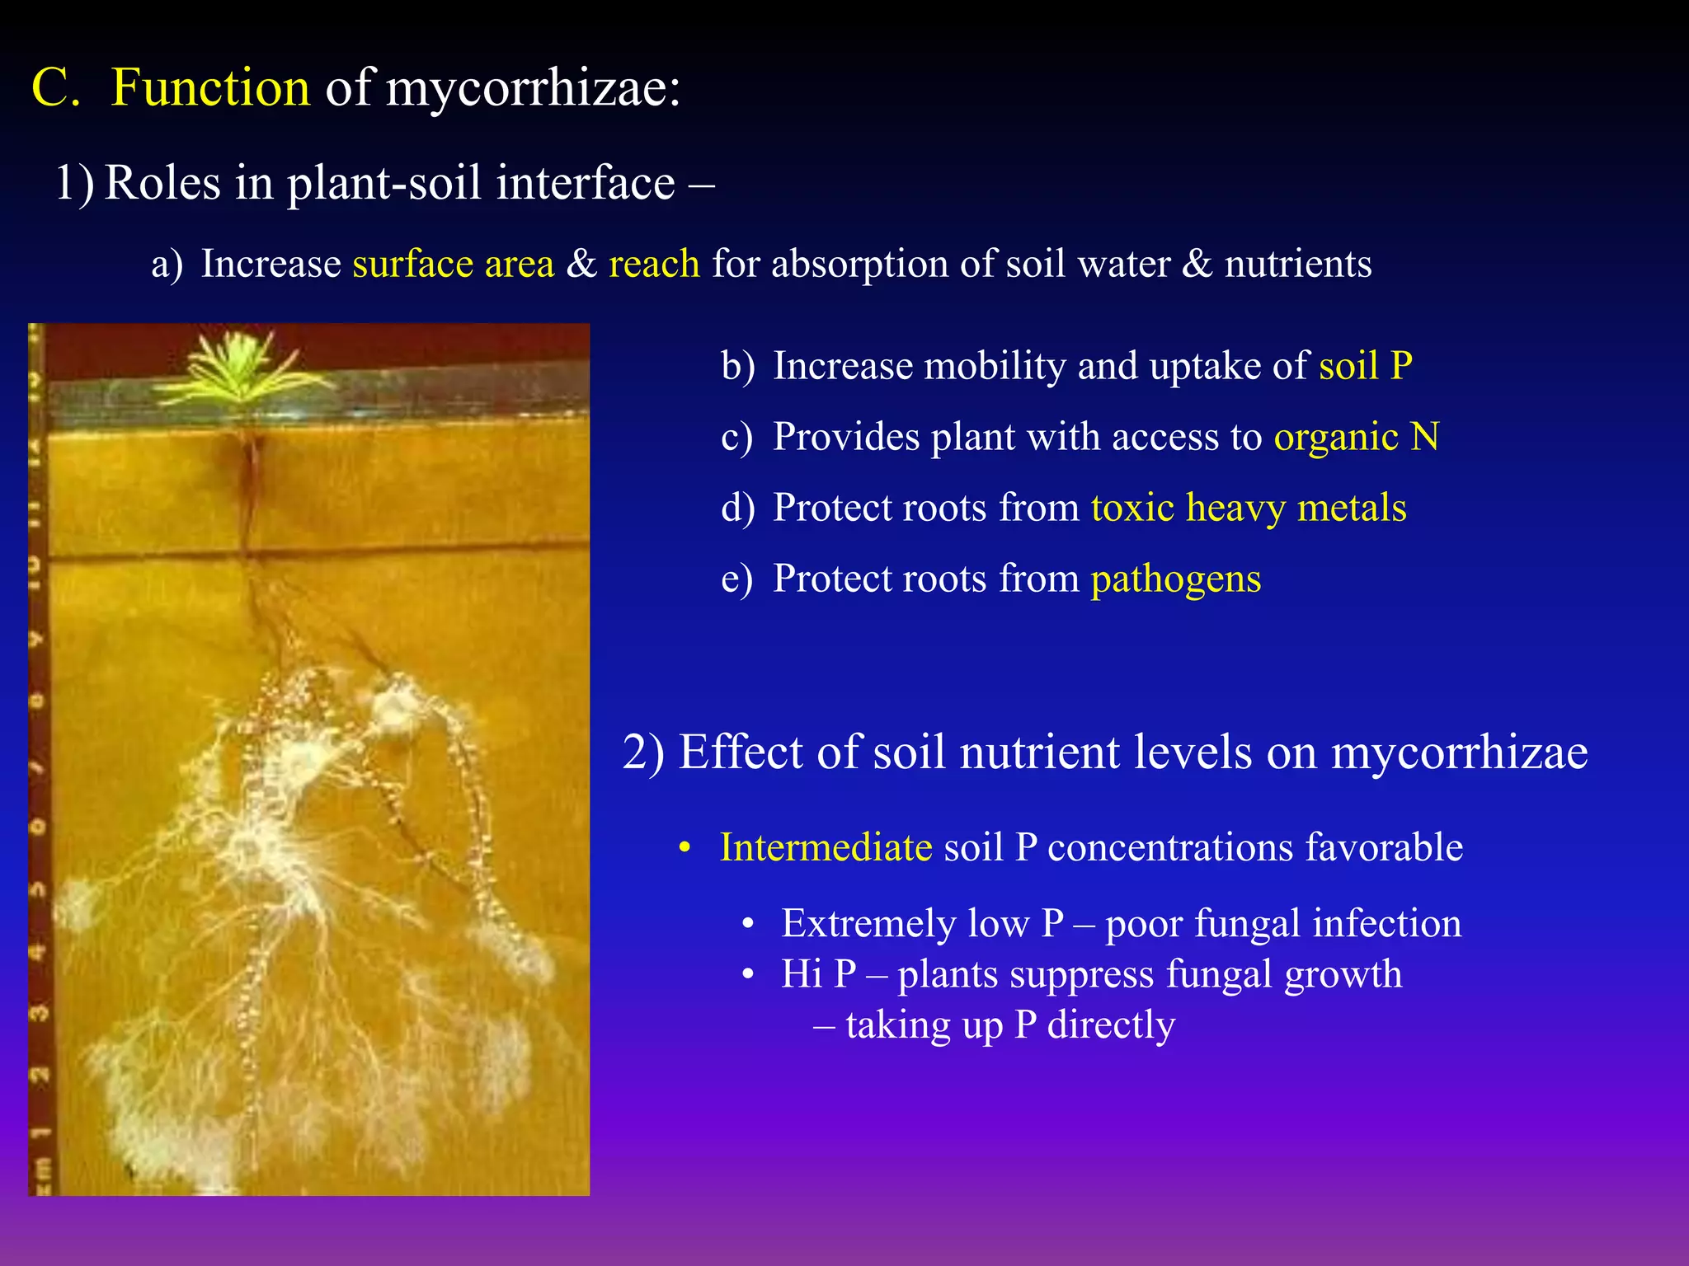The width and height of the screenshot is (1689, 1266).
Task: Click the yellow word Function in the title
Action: click(x=210, y=87)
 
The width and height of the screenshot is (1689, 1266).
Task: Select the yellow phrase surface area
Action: click(x=453, y=265)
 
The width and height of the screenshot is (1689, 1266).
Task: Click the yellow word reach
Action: click(x=654, y=265)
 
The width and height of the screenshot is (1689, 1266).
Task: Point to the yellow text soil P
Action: click(x=1366, y=366)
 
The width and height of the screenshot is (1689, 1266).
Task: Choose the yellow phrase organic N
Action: click(x=1357, y=437)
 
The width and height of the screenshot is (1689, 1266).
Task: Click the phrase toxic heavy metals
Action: click(x=1249, y=508)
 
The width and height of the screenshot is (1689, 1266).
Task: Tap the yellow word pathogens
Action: click(x=1176, y=579)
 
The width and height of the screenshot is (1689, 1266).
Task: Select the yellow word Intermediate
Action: click(x=826, y=847)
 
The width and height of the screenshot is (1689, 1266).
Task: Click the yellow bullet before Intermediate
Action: click(x=684, y=848)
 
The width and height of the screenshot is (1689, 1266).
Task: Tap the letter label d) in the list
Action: click(x=737, y=508)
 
